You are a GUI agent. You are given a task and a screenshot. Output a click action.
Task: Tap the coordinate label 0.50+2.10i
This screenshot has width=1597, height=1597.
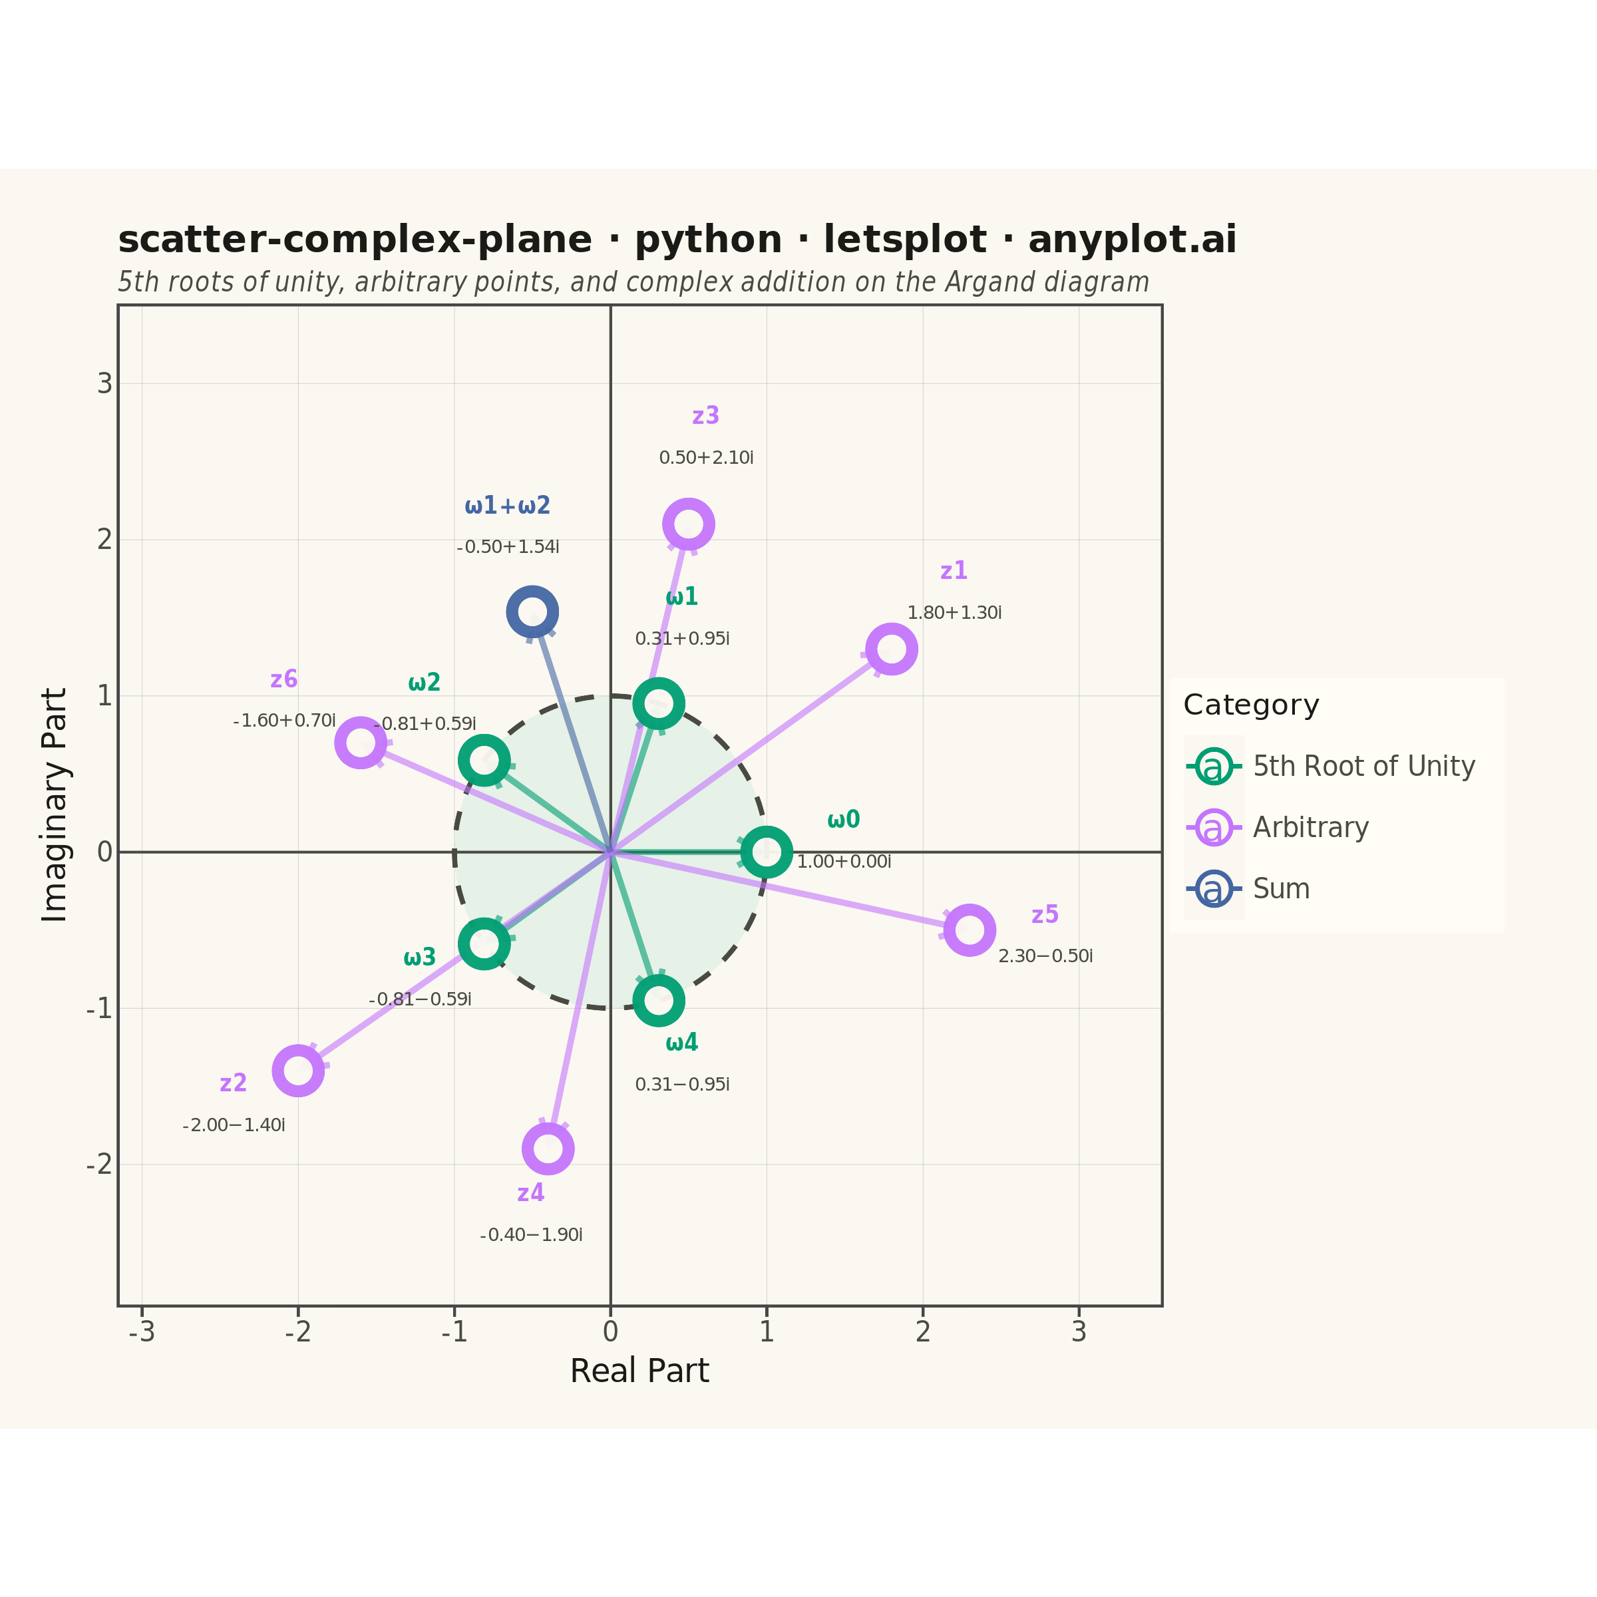(x=706, y=458)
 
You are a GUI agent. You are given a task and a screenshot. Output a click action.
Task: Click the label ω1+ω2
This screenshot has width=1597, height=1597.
(x=508, y=505)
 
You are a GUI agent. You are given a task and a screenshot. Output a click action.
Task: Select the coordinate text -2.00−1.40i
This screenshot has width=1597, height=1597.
(x=234, y=1125)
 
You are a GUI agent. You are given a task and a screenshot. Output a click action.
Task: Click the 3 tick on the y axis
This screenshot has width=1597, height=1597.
(x=104, y=383)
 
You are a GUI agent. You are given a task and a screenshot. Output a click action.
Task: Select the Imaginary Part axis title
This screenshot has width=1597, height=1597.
(x=55, y=805)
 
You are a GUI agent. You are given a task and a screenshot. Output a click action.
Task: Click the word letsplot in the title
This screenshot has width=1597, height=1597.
(x=904, y=240)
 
